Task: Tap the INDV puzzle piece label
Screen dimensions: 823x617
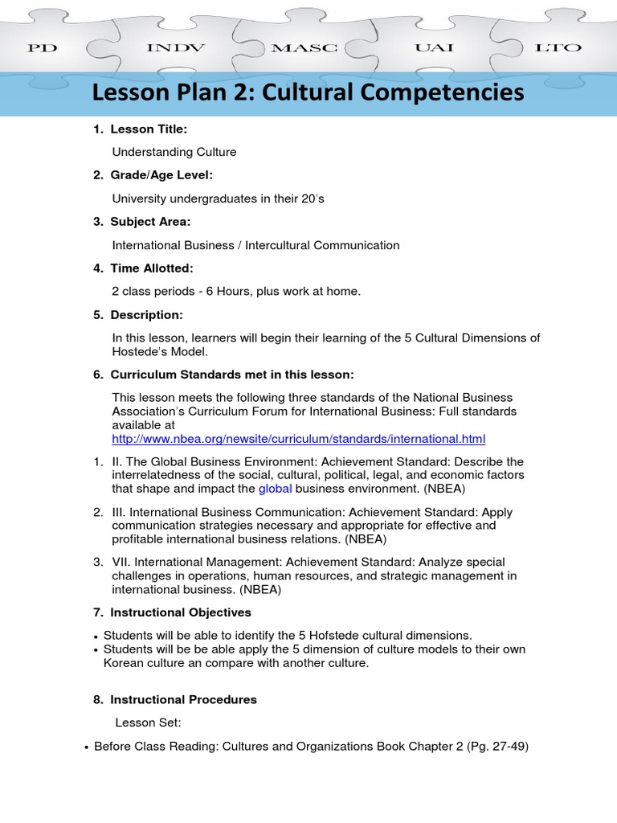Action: pyautogui.click(x=175, y=48)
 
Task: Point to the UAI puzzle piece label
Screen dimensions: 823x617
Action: pyautogui.click(x=434, y=48)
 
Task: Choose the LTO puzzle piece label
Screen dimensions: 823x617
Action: pyautogui.click(x=558, y=48)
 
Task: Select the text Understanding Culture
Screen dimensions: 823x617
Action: pyautogui.click(x=174, y=152)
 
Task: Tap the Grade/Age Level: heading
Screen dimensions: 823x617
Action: pyautogui.click(x=161, y=175)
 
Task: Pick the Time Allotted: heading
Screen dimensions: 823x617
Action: pyautogui.click(x=152, y=268)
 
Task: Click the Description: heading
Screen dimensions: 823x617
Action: pyautogui.click(x=146, y=314)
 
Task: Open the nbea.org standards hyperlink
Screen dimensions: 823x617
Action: pyautogui.click(x=299, y=439)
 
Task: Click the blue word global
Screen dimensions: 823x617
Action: pyautogui.click(x=275, y=489)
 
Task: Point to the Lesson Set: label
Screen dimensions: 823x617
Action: pyautogui.click(x=149, y=723)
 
